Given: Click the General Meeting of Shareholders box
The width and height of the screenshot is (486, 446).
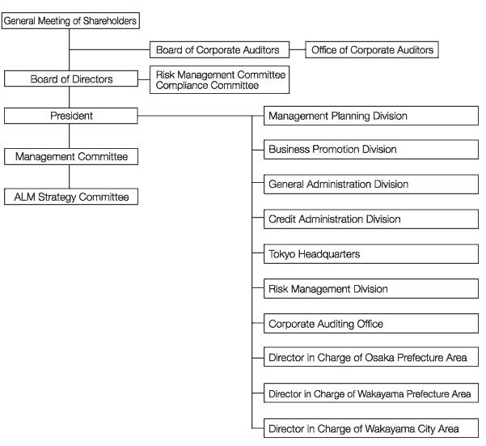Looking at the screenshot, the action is coord(70,21).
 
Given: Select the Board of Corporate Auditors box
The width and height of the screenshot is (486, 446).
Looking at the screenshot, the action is coord(219,49).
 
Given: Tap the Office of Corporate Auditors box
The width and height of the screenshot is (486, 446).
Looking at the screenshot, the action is coord(372,49).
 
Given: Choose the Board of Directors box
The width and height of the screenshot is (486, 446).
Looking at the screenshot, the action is coord(71,79).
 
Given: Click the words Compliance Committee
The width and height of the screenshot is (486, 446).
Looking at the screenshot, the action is coord(207,86).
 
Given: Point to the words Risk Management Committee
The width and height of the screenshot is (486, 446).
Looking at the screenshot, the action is coord(221,74).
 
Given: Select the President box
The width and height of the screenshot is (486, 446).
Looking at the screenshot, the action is coord(71,116).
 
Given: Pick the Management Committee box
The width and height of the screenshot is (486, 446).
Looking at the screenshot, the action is coord(71,157).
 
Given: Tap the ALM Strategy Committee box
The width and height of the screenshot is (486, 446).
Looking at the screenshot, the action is coord(71,197).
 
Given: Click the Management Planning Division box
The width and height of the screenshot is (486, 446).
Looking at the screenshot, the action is coord(371,116).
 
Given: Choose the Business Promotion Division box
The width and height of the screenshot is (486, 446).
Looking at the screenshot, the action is coord(371,150).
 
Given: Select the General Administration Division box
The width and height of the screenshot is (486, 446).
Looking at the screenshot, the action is coord(371,185).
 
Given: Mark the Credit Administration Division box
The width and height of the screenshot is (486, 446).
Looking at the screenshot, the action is coord(371,219).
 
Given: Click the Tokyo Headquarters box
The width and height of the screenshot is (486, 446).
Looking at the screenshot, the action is coord(371,254).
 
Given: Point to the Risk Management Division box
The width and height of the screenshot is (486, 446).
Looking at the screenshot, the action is coord(371,289).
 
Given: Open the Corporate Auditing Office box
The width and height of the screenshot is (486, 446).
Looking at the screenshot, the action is coord(371,324).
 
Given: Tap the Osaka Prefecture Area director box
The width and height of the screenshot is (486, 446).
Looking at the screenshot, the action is coord(371,357).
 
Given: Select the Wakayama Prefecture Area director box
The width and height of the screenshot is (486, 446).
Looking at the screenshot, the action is coord(371,393).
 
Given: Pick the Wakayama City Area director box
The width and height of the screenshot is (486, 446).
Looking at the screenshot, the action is coord(371,428).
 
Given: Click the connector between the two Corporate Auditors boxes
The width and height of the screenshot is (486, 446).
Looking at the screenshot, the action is coord(298,49).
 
